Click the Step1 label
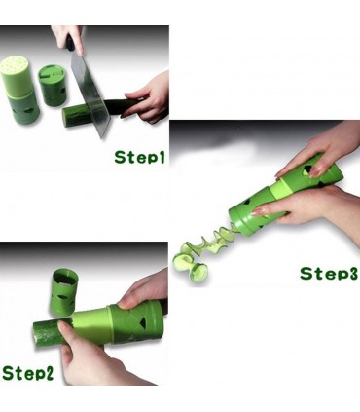[x=139, y=157]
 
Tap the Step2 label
[x=27, y=372]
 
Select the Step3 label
[x=329, y=273]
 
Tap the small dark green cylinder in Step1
[x=52, y=86]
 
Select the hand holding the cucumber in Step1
[x=148, y=96]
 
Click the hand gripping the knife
[x=68, y=38]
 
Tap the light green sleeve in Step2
[x=91, y=325]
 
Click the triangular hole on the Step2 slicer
[x=141, y=322]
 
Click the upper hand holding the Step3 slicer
[x=319, y=152]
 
